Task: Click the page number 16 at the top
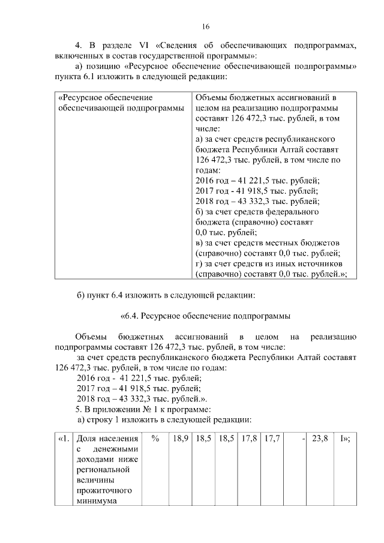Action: click(x=205, y=27)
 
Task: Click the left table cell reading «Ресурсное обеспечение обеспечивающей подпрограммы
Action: click(x=120, y=103)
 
